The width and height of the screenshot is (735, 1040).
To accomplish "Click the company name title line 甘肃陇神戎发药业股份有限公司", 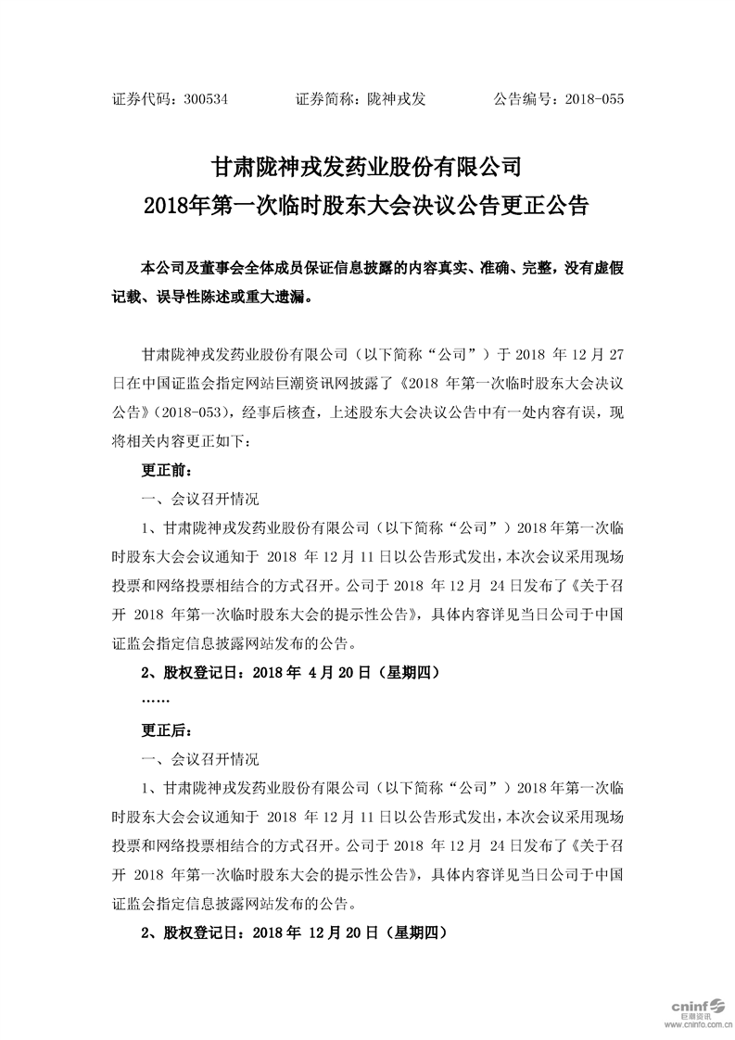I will coord(367,167).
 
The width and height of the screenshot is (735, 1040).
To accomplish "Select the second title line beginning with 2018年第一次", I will coord(367,205).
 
